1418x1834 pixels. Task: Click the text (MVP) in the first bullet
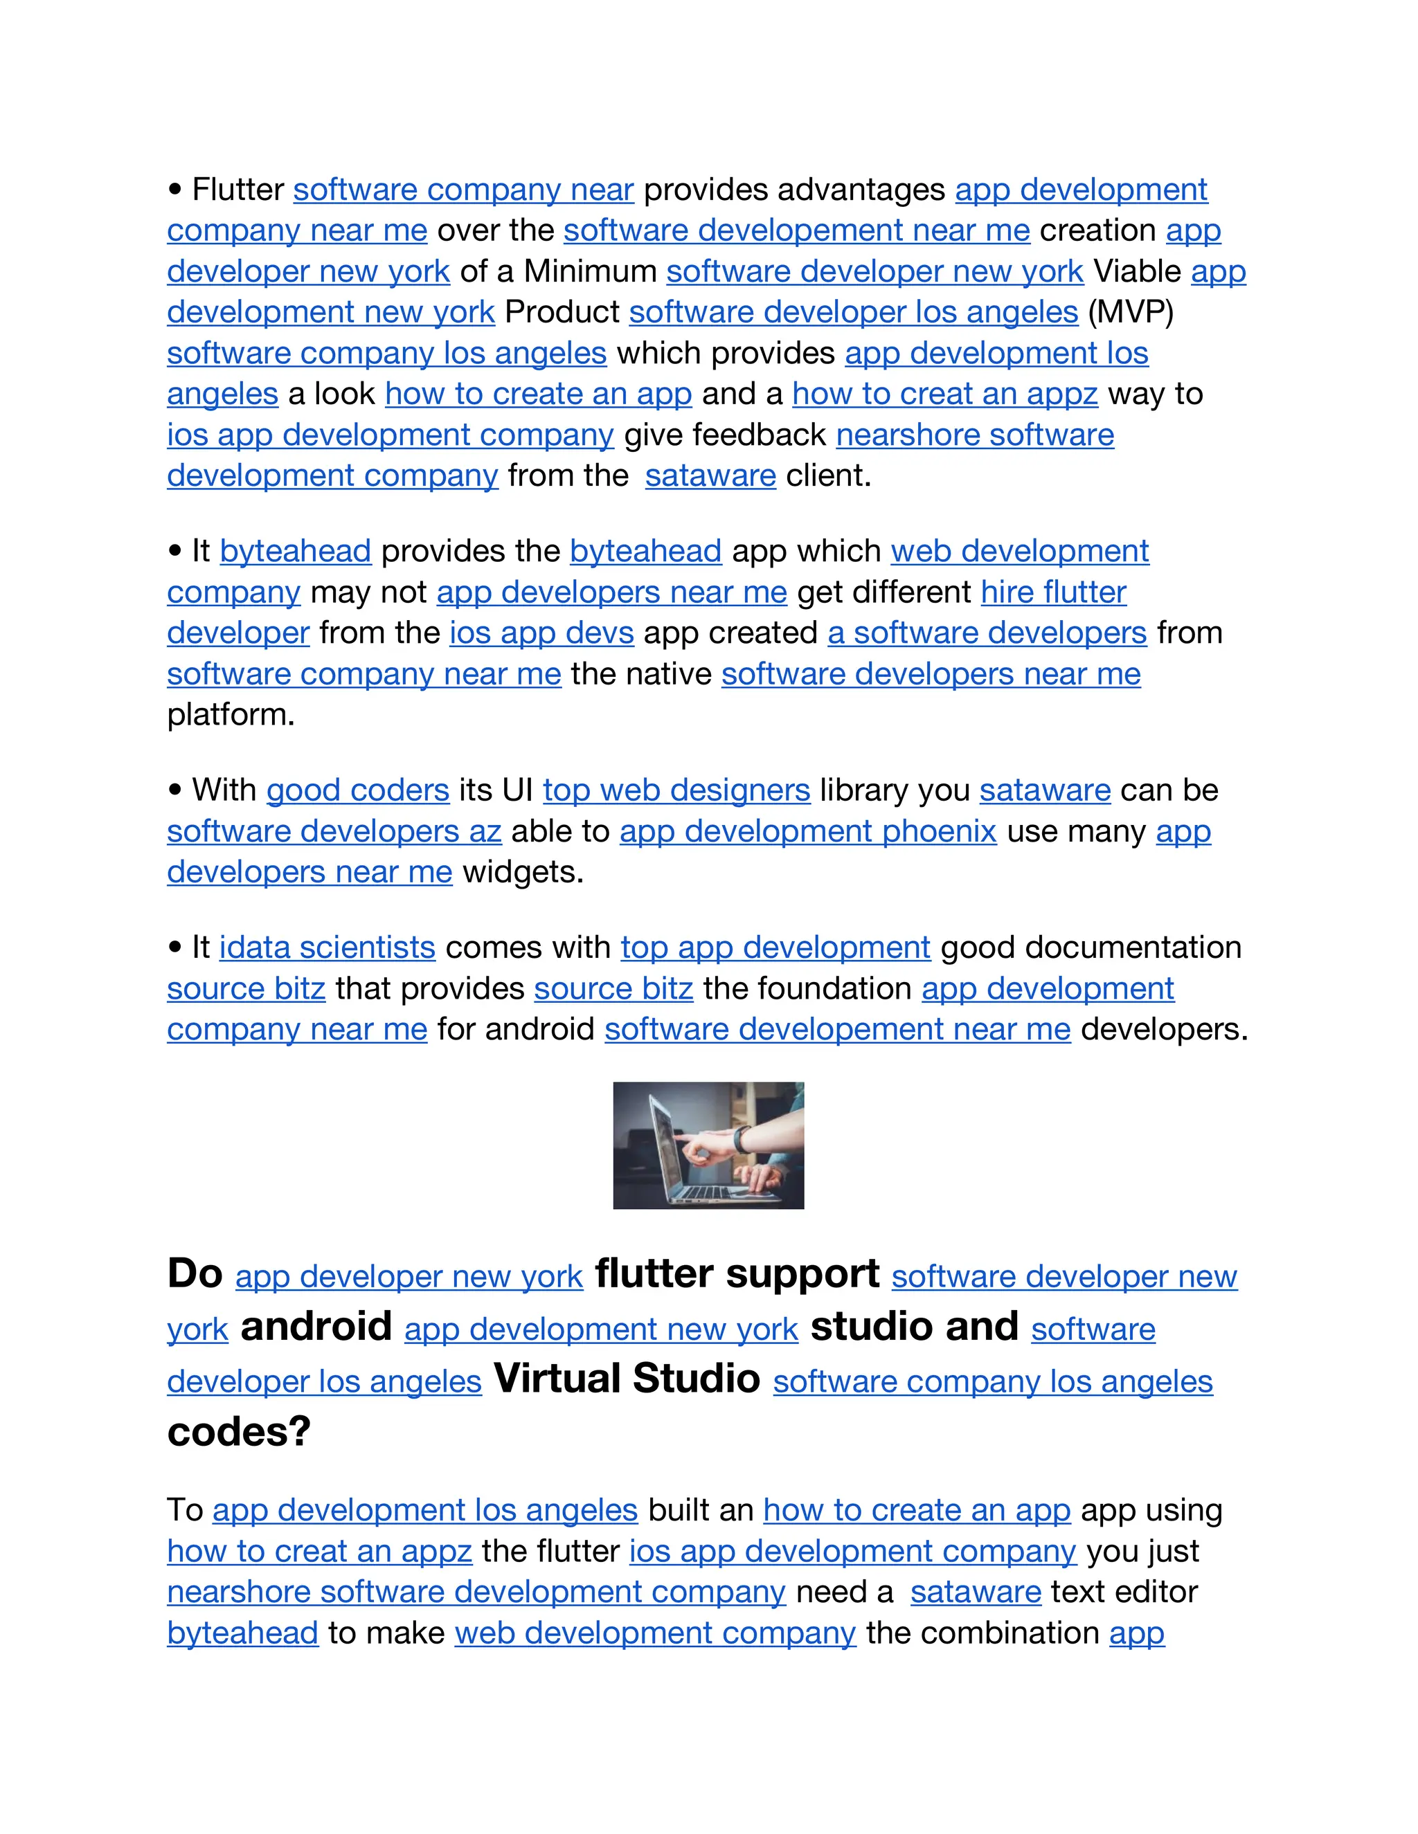click(1130, 312)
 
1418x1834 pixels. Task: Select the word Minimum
click(590, 271)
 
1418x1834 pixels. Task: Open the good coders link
click(358, 790)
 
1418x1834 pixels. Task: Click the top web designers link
click(676, 790)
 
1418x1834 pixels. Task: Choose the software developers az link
click(334, 831)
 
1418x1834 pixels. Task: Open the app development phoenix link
click(807, 831)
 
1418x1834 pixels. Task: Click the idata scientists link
click(327, 947)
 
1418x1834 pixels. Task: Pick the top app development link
click(775, 947)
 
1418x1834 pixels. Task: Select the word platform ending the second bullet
click(229, 715)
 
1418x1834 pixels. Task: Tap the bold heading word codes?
click(239, 1432)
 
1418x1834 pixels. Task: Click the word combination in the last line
click(982, 1633)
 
